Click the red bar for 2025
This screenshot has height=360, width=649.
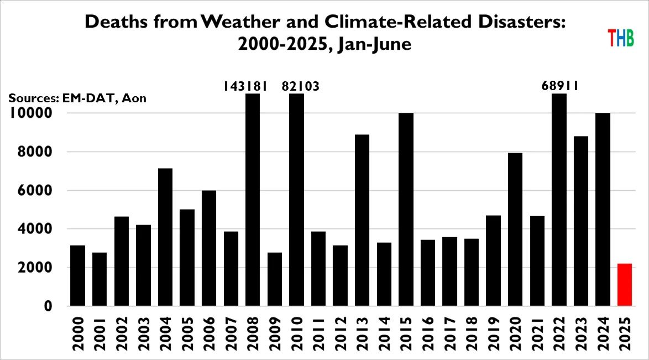click(624, 285)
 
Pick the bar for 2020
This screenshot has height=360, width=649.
click(515, 229)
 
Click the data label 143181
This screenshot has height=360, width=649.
click(245, 86)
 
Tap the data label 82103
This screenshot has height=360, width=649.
click(301, 86)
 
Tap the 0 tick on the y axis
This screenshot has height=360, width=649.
click(49, 306)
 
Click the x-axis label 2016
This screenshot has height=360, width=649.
click(428, 334)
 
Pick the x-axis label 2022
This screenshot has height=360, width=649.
click(559, 334)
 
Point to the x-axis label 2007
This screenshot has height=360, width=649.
click(231, 334)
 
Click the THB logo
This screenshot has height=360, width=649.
click(620, 38)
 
